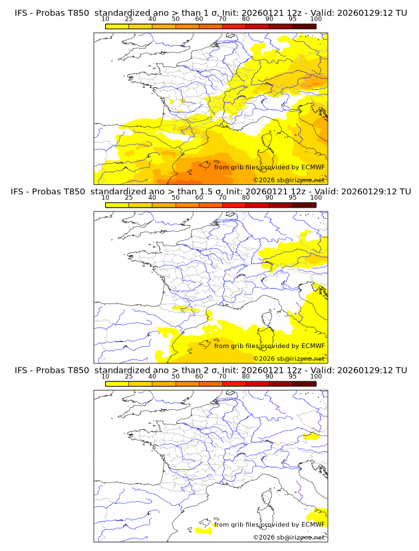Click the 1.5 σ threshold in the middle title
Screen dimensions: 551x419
pos(213,192)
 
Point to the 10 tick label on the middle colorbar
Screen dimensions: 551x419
pos(105,198)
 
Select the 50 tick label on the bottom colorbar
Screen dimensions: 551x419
pos(176,376)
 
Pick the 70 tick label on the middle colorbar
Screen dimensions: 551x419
pos(222,198)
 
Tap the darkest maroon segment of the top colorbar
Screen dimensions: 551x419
pos(304,26)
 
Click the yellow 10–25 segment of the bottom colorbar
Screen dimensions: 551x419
pos(117,383)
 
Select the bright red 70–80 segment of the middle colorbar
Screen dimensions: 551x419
pos(234,204)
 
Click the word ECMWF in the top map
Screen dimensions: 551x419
pos(313,167)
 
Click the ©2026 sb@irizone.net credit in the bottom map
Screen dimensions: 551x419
pos(289,537)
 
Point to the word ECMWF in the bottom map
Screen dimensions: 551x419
pos(313,524)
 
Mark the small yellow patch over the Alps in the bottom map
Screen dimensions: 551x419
pos(310,437)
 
